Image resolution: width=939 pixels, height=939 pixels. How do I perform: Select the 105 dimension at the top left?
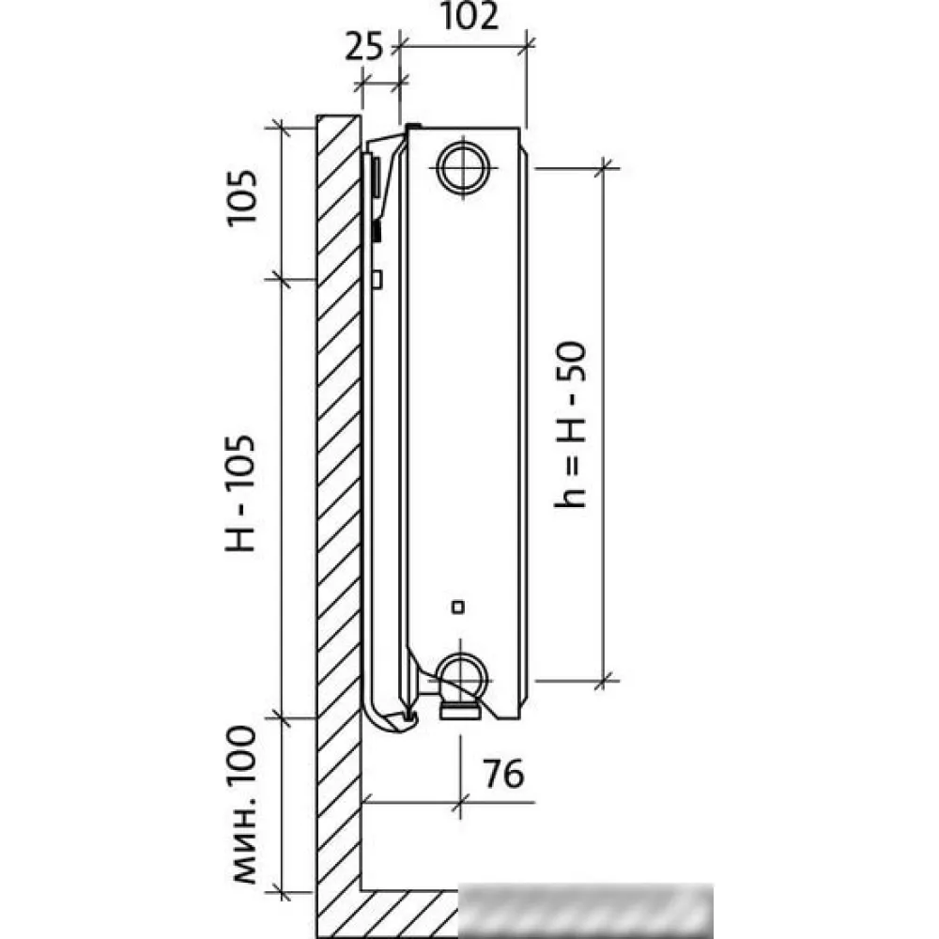pyautogui.click(x=242, y=197)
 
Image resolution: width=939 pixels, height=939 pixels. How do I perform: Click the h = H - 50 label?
pyautogui.click(x=570, y=424)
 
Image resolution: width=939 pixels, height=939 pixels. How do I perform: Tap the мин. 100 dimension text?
pyautogui.click(x=243, y=805)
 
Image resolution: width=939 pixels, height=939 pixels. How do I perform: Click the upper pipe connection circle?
pyautogui.click(x=464, y=167)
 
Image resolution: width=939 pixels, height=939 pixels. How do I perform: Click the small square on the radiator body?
pyautogui.click(x=458, y=608)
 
